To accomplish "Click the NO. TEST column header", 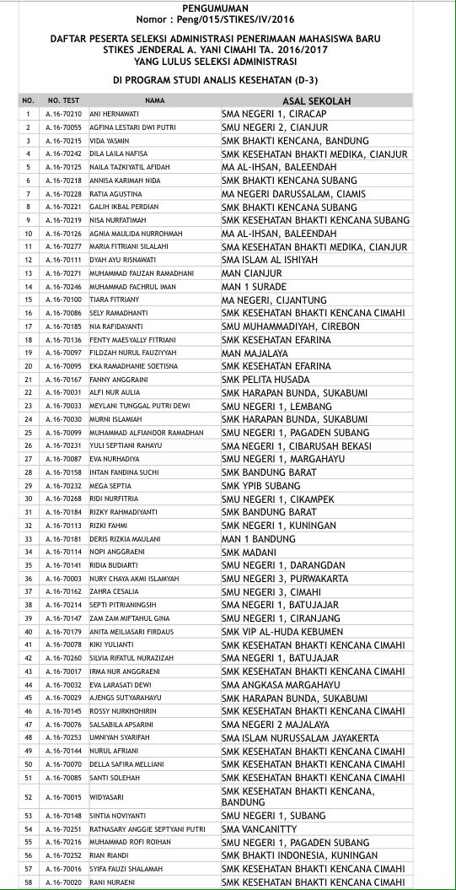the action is coord(63,100).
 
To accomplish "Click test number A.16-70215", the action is coord(64,140).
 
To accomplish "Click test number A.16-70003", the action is coord(64,579).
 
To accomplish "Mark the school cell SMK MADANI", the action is coord(247,552).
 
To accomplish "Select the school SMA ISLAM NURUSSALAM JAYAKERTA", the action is coord(300,738).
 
